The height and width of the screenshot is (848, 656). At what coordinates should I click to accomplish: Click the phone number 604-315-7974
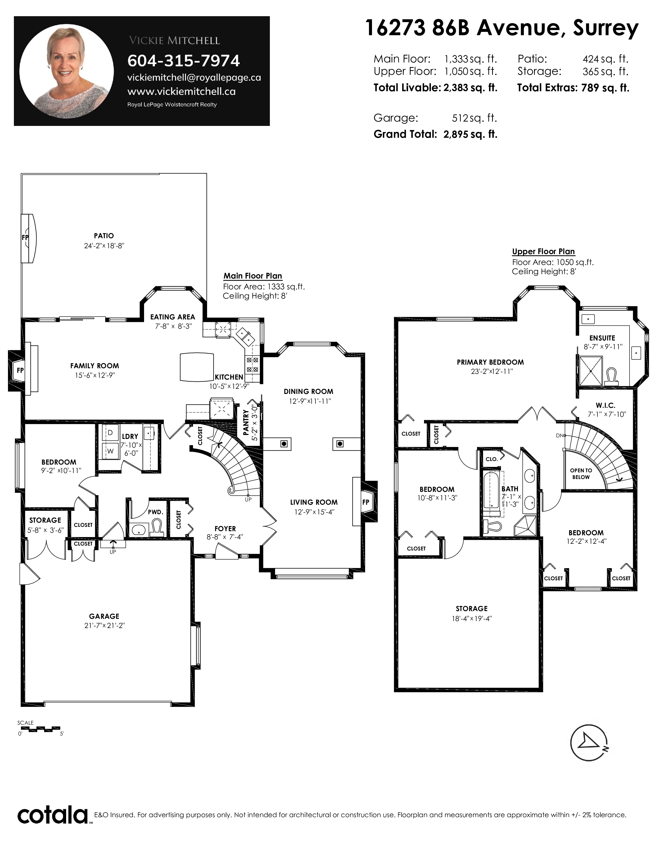[x=183, y=61]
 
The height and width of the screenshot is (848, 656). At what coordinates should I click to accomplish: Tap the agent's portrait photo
[x=66, y=71]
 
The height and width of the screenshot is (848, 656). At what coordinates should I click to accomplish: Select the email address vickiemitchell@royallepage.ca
[x=194, y=78]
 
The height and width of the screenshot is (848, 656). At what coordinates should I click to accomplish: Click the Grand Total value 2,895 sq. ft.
[x=470, y=134]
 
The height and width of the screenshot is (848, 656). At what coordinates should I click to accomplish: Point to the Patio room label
[x=104, y=236]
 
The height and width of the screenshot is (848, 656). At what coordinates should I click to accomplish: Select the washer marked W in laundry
[x=110, y=451]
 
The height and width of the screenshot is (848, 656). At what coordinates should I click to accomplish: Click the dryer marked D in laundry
[x=110, y=432]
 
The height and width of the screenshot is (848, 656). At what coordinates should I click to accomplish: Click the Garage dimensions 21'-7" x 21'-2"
[x=104, y=625]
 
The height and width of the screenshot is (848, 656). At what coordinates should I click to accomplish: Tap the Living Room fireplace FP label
[x=366, y=502]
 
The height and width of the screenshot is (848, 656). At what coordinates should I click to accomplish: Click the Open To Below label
[x=581, y=474]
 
